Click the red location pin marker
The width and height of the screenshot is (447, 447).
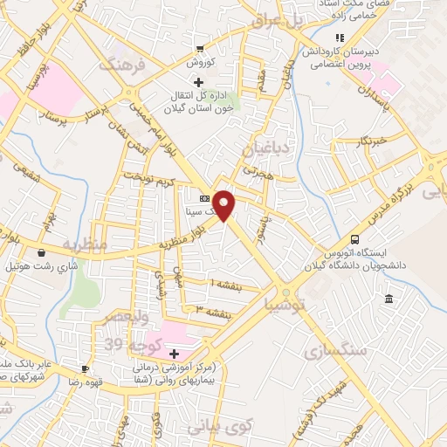coord(225,204)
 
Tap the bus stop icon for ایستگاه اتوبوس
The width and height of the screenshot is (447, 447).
coord(354,239)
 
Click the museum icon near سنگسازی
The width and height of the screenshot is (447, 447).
coord(389,300)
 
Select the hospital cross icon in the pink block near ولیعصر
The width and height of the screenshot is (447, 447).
coord(175,354)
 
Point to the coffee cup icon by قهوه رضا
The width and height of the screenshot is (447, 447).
coord(85,368)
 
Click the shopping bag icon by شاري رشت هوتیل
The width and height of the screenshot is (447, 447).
coord(16,253)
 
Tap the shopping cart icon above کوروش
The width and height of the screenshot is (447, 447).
coord(200,49)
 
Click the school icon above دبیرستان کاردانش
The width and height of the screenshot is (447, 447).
coord(340,38)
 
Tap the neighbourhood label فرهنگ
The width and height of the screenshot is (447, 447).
coord(119,64)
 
